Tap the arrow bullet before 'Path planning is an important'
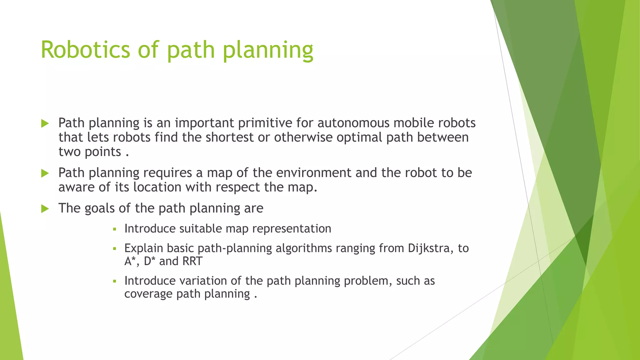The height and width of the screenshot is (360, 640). tap(45, 123)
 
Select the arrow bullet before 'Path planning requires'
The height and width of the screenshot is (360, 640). tap(45, 173)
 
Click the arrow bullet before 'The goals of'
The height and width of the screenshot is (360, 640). tap(45, 209)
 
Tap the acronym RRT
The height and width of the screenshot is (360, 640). tap(192, 261)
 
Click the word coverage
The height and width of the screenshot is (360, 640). tap(148, 294)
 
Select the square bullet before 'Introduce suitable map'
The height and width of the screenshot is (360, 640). tap(115, 229)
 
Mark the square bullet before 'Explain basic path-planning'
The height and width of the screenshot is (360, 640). tap(115, 249)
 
